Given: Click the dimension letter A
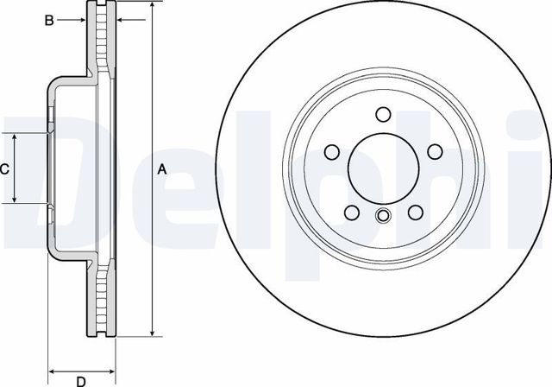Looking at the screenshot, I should pos(161,170).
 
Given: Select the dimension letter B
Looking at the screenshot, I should pos(50,18).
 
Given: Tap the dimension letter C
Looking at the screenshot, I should pos(5,169).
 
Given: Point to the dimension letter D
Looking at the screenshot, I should pos(80,380).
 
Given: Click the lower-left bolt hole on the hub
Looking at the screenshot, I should pos(351,213).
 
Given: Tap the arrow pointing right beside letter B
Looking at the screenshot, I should pos(83,18).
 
